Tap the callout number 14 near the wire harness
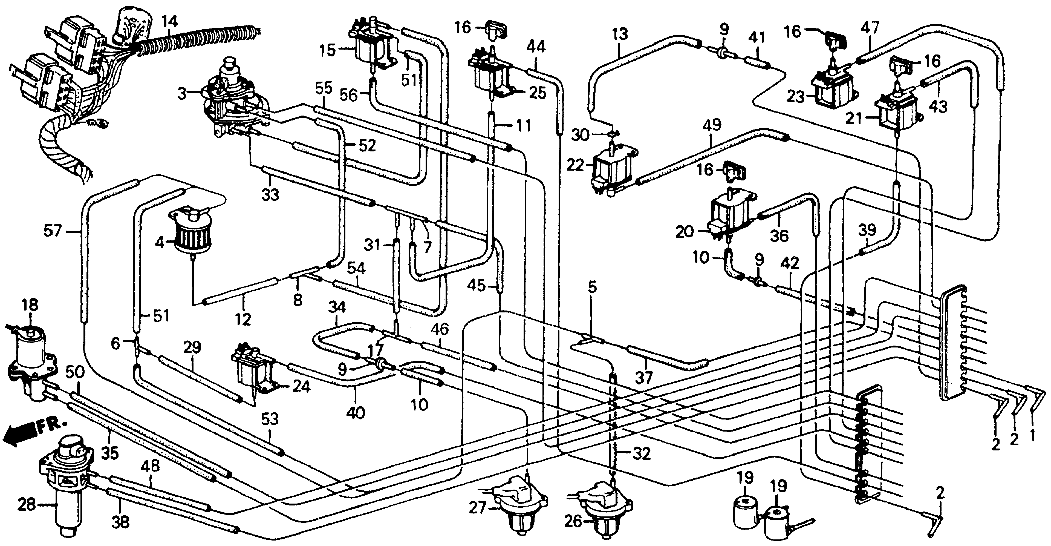[x=169, y=21]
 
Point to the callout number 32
[x=641, y=454]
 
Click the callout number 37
[x=643, y=378]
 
